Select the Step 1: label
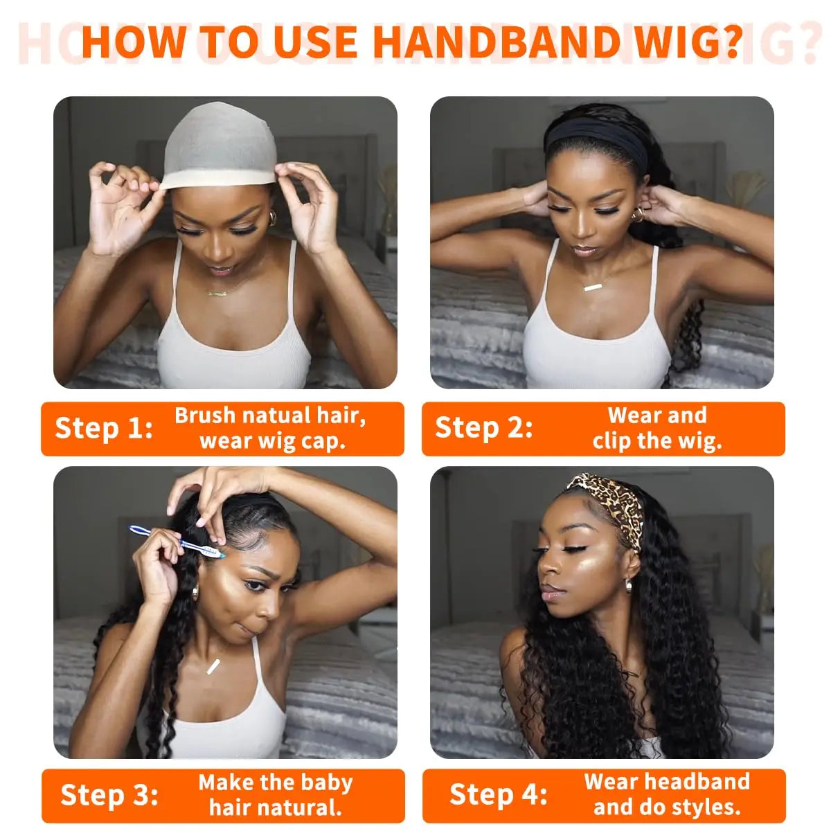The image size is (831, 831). tap(103, 428)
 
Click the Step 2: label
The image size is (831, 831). tap(483, 428)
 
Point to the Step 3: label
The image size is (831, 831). tap(109, 795)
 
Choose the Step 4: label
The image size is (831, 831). tap(498, 794)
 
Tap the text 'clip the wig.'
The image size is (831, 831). tap(656, 441)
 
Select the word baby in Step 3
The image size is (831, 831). tap(322, 783)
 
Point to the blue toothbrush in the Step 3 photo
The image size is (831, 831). tap(177, 542)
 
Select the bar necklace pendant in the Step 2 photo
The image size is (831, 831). tap(593, 286)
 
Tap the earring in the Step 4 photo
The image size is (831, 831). tap(628, 586)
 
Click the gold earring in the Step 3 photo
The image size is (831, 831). tap(195, 592)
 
